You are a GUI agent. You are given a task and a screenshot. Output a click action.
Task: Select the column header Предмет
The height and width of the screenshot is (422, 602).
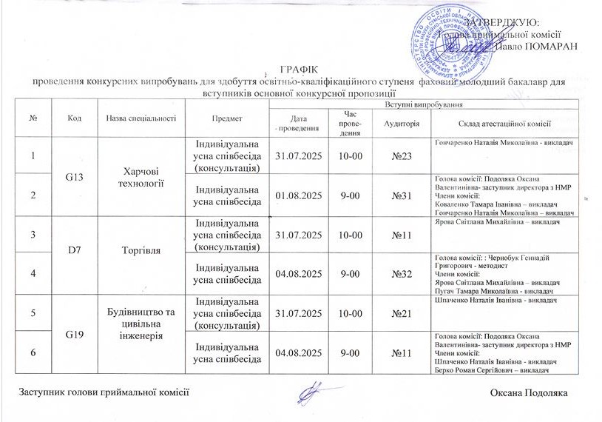[224, 118]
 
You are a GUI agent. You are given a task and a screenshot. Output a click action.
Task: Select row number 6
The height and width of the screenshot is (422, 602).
[33, 351]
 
